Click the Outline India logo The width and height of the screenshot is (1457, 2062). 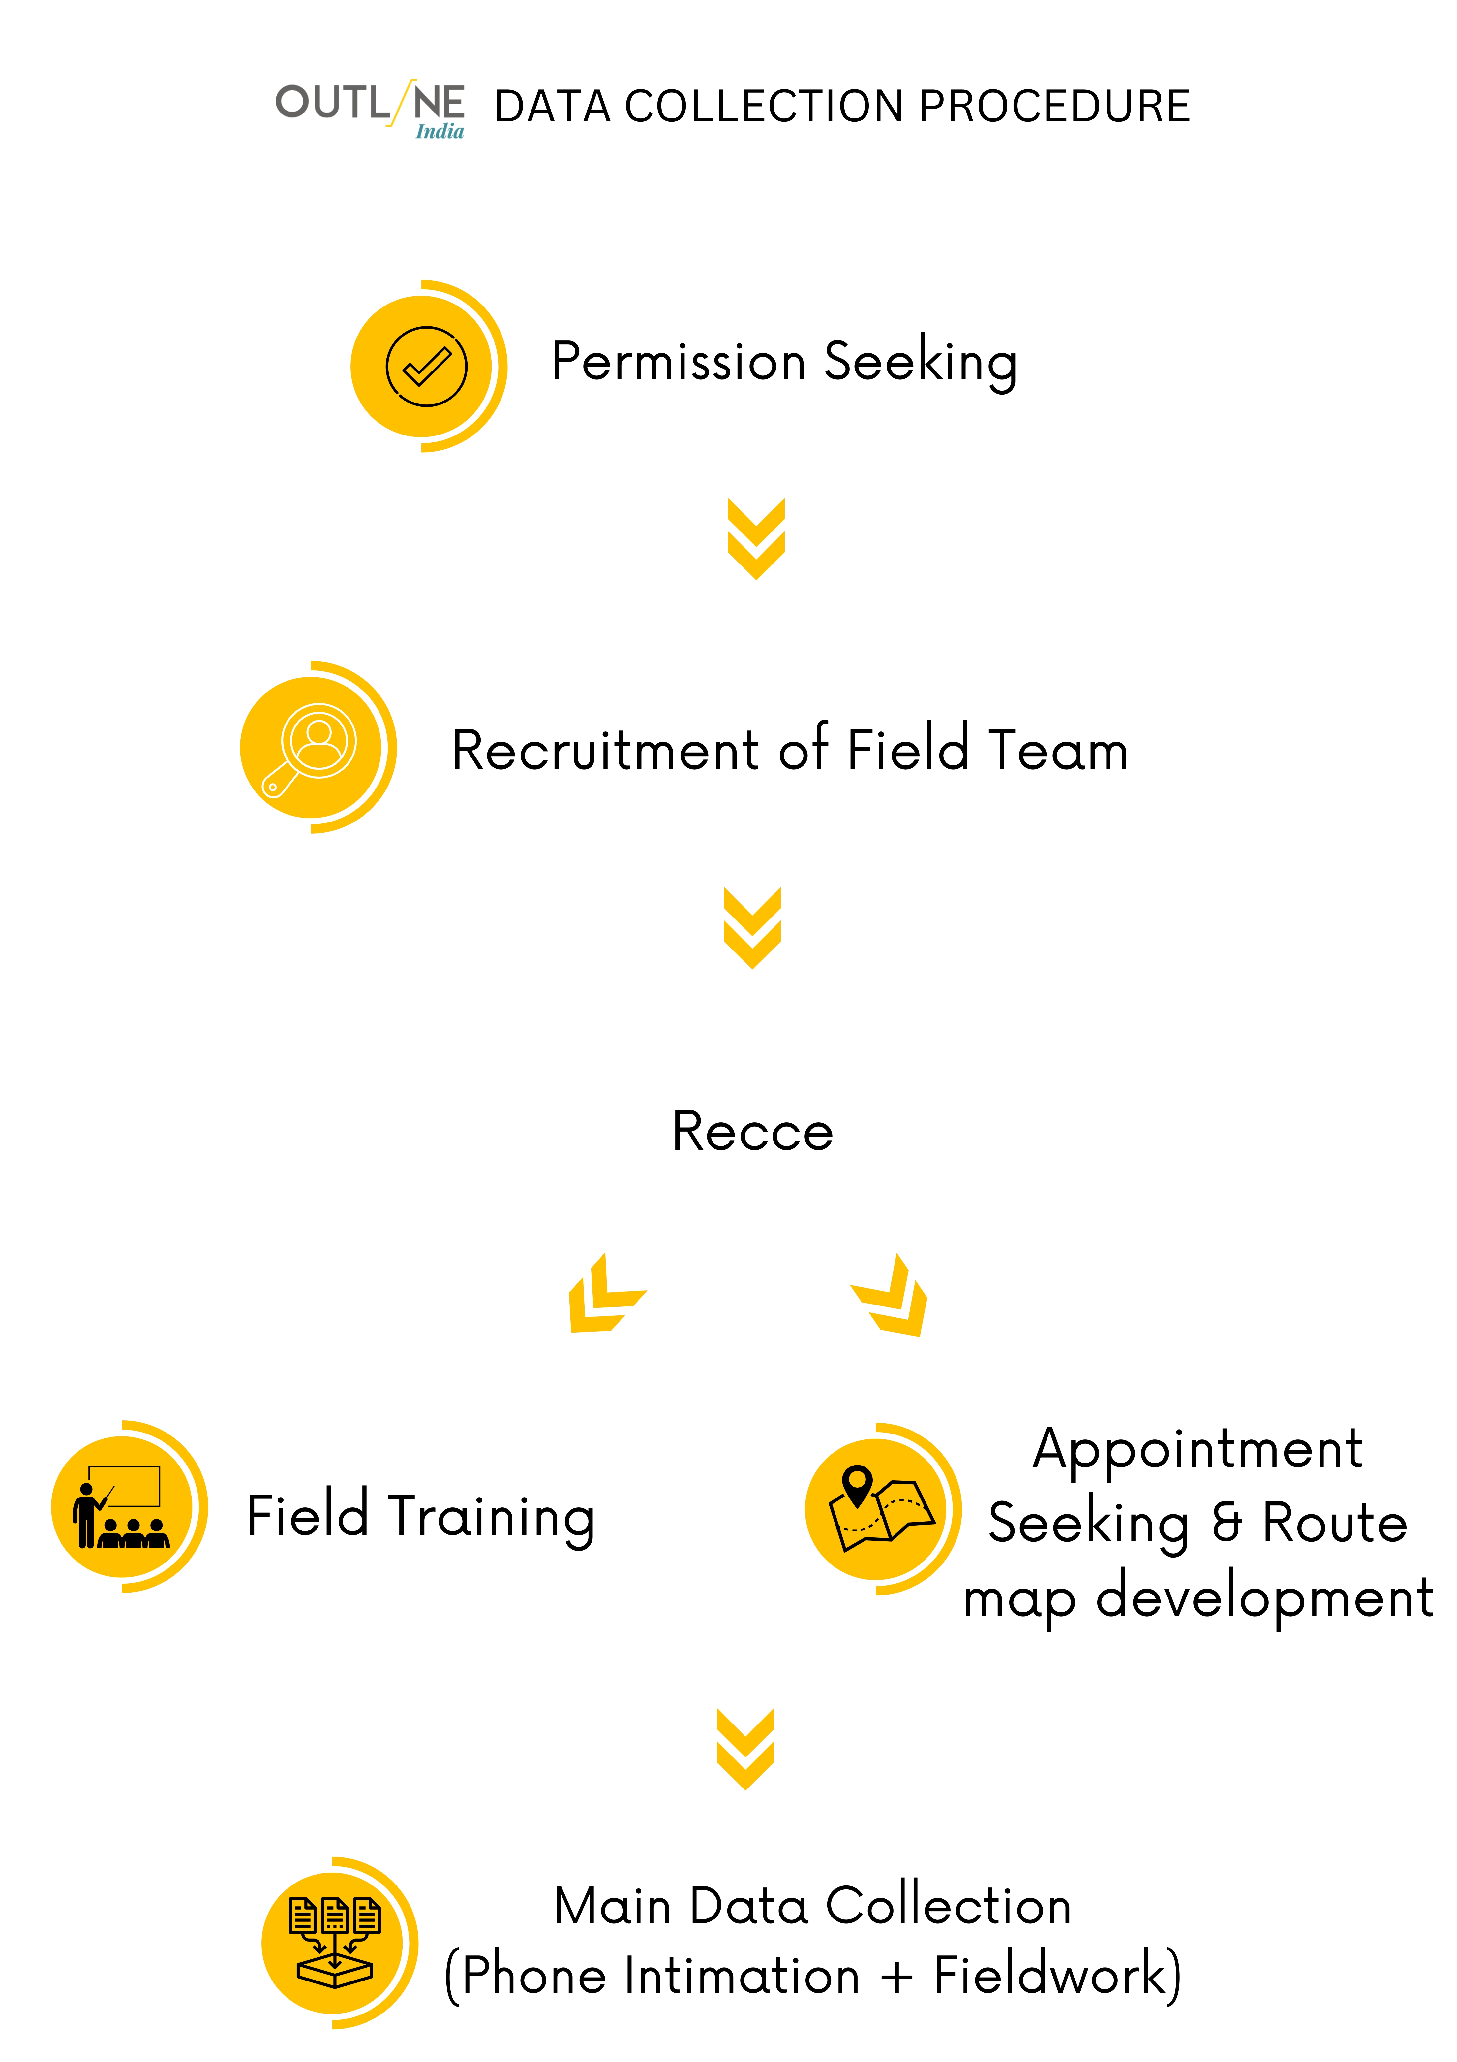(x=370, y=110)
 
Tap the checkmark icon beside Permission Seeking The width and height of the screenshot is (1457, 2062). (x=426, y=367)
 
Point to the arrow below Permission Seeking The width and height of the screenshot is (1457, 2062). (x=756, y=539)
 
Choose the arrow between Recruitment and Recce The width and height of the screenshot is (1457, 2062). (x=752, y=928)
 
